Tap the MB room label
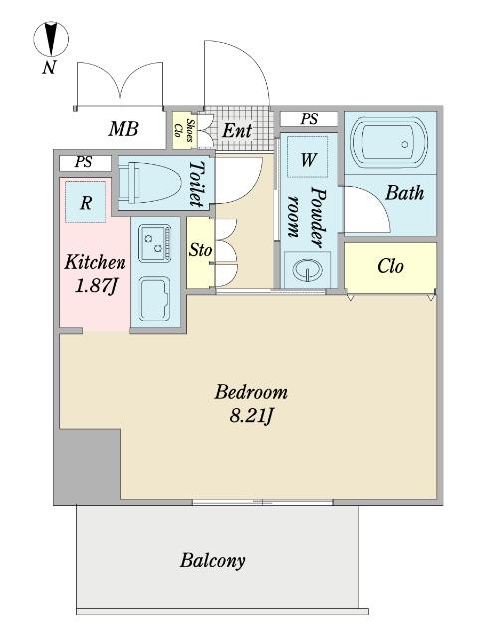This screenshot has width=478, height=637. (x=123, y=129)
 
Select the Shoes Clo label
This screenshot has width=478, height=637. (x=183, y=130)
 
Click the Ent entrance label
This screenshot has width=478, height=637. (x=237, y=130)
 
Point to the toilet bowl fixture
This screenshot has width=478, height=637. (x=148, y=182)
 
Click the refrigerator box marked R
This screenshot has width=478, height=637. (x=85, y=202)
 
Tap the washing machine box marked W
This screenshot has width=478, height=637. (x=308, y=157)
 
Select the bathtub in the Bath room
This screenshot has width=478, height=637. (x=388, y=144)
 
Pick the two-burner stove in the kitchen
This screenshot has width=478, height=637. (x=155, y=243)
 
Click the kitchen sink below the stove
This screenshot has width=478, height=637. (x=155, y=298)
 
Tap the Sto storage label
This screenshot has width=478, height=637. (x=200, y=250)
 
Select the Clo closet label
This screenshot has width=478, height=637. (x=390, y=266)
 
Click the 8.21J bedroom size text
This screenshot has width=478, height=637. (x=250, y=416)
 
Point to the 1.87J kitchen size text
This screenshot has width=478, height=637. (x=96, y=286)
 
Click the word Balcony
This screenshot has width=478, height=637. (x=212, y=561)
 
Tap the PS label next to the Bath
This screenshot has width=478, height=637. (x=309, y=119)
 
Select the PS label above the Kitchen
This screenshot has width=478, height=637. (x=84, y=162)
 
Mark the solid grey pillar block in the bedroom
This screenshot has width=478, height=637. (x=88, y=467)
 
